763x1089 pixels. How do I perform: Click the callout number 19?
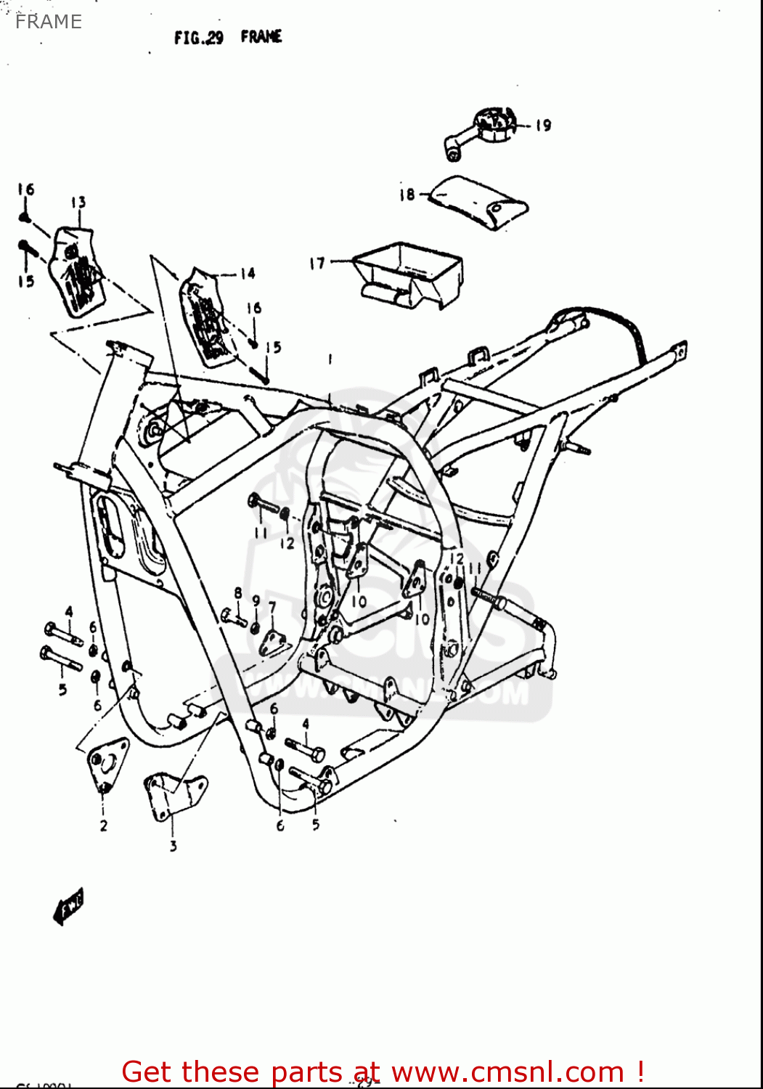pyautogui.click(x=543, y=125)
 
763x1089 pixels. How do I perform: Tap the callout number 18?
pyautogui.click(x=407, y=194)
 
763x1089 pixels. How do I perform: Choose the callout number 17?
pyautogui.click(x=317, y=263)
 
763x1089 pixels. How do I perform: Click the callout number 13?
pyautogui.click(x=78, y=202)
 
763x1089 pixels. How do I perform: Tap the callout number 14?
pyautogui.click(x=248, y=273)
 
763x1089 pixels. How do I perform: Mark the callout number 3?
pyautogui.click(x=173, y=846)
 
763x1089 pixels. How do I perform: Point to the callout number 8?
pyautogui.click(x=238, y=593)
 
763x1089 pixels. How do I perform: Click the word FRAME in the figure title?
pyautogui.click(x=261, y=36)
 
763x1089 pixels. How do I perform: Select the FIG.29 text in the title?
pyautogui.click(x=199, y=38)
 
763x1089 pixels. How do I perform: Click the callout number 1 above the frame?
pyautogui.click(x=330, y=359)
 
